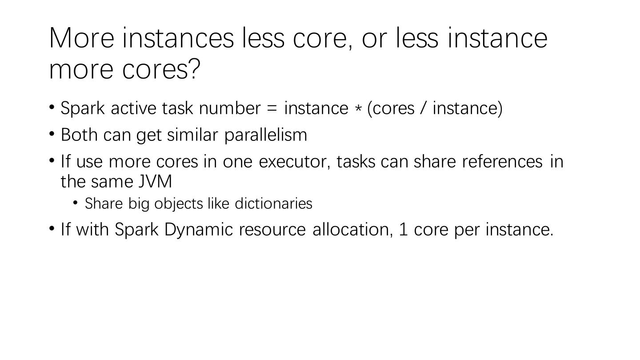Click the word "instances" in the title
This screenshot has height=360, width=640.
point(178,38)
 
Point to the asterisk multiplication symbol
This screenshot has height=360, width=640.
point(358,109)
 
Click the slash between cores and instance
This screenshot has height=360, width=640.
point(423,108)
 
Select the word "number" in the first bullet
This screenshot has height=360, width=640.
point(230,108)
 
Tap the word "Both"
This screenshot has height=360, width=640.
point(79,135)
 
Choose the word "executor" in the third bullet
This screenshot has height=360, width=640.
point(295,162)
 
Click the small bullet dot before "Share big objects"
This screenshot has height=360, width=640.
point(75,203)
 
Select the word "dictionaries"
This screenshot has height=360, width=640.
point(273,204)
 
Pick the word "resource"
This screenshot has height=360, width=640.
point(272,230)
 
